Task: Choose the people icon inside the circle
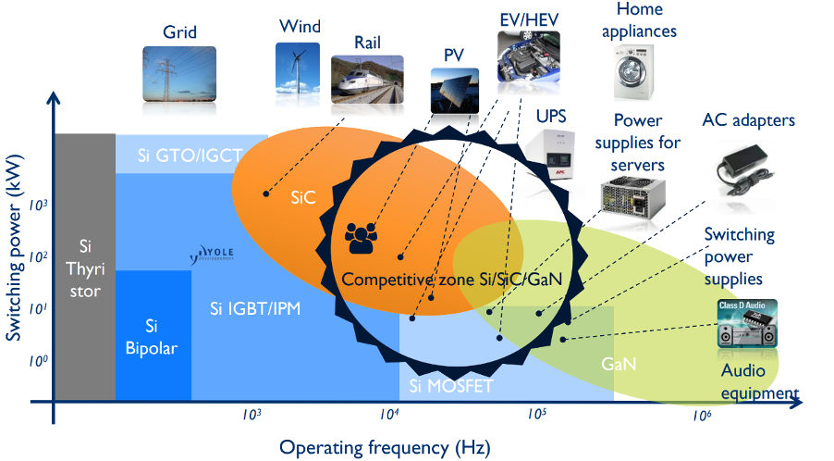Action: [362, 238]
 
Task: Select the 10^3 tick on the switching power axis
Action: [37, 206]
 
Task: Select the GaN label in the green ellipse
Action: [619, 364]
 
